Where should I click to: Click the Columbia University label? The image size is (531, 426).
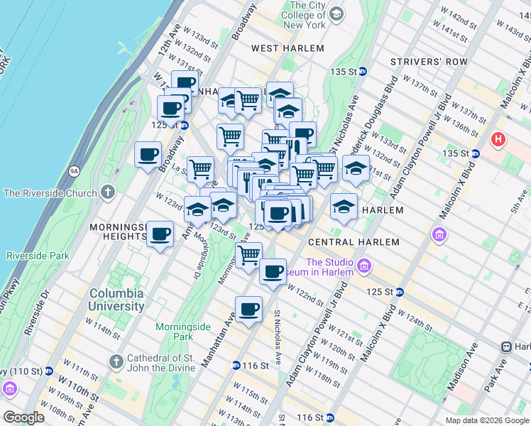click(116, 300)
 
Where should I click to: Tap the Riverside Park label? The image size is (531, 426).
click(38, 256)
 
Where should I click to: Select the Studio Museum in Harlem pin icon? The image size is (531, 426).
click(365, 266)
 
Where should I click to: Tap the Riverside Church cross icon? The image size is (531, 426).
click(107, 192)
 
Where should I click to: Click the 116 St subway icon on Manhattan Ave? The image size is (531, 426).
click(236, 366)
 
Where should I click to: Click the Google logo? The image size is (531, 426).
click(23, 417)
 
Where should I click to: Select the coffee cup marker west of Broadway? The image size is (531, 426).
click(148, 155)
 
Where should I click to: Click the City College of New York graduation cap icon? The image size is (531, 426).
click(336, 13)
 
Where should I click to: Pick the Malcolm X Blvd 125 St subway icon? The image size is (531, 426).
click(400, 292)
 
